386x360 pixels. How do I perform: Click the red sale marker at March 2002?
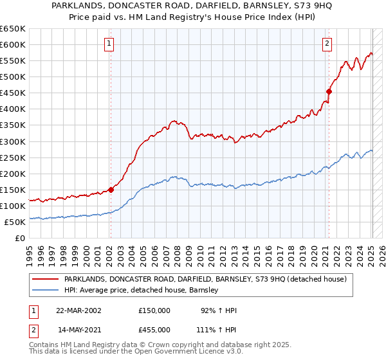pos(111,190)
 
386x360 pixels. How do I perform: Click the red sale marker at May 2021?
pos(329,91)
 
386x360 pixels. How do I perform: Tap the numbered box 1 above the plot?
pos(109,44)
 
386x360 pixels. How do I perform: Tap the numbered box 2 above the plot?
pos(327,44)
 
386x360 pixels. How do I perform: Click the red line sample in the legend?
pos(46,280)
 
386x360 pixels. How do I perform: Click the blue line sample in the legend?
pos(46,291)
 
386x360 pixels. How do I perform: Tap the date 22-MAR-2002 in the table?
pos(78,310)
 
